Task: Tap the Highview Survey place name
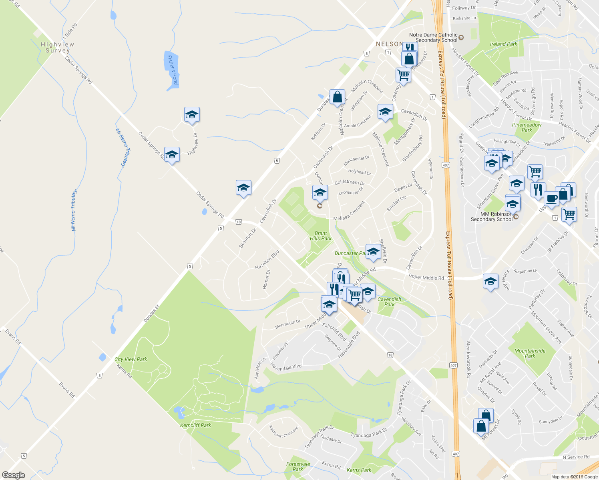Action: [x=58, y=48]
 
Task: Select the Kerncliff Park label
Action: [x=196, y=425]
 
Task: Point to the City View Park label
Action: [x=131, y=359]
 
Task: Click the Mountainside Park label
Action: [x=530, y=353]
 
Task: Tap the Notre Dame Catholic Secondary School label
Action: [x=434, y=38]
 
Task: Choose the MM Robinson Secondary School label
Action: [x=492, y=217]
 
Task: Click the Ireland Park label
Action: [x=504, y=44]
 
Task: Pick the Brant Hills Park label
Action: [x=321, y=236]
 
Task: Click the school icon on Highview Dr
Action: [x=192, y=114]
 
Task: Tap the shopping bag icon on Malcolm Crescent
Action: [x=337, y=97]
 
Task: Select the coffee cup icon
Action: [x=551, y=198]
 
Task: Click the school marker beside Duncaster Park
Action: [x=373, y=252]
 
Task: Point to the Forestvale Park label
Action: [x=298, y=466]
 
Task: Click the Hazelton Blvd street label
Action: [x=267, y=260]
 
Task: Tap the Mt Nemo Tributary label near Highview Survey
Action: [x=121, y=147]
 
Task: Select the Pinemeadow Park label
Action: [x=527, y=127]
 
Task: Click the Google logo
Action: [x=13, y=475]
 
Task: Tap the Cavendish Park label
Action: [x=389, y=302]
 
